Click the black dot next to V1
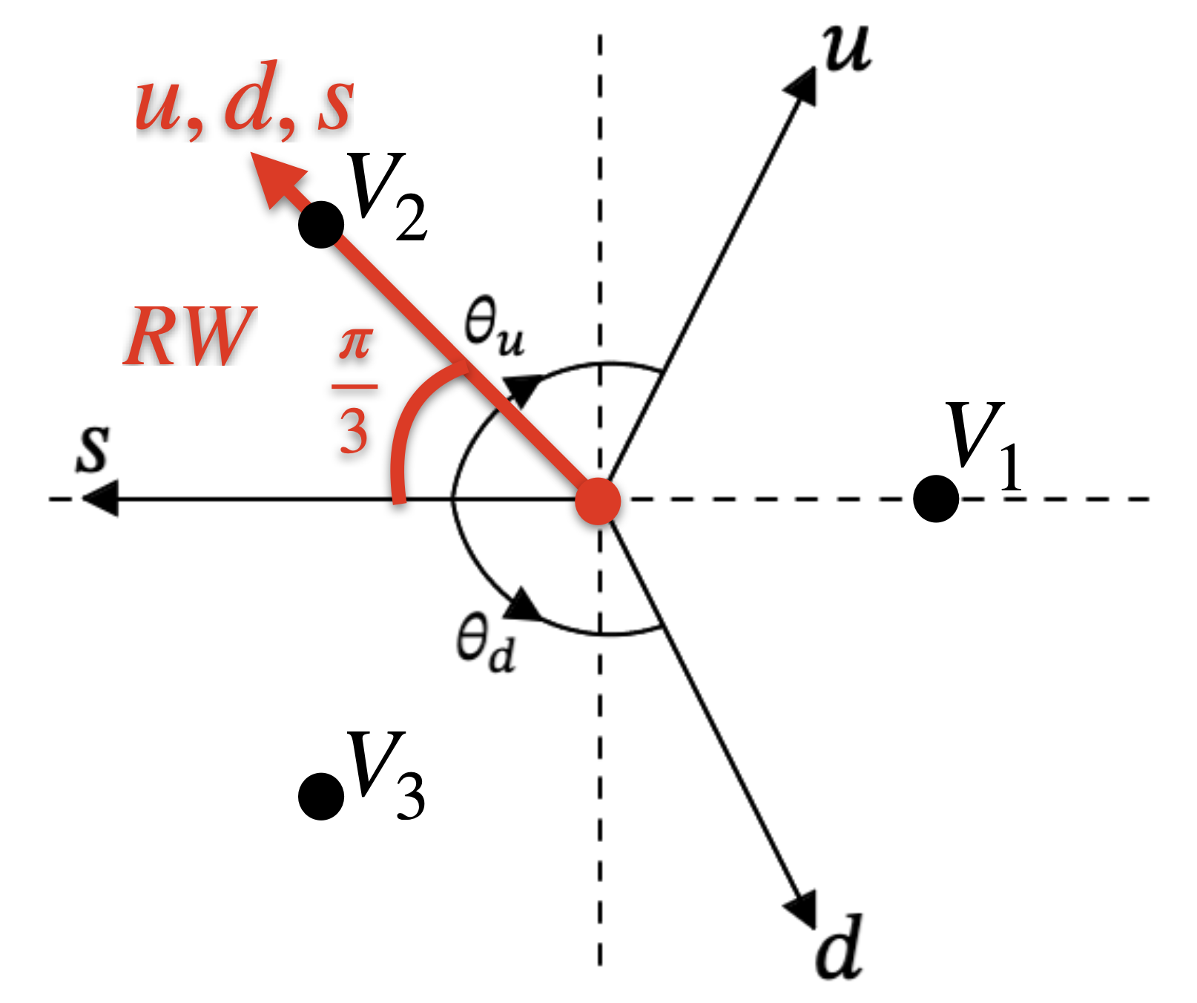(x=936, y=499)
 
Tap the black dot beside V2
(x=321, y=224)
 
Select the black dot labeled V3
(x=321, y=795)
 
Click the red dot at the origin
(x=598, y=501)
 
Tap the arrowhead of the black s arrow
(x=100, y=499)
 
